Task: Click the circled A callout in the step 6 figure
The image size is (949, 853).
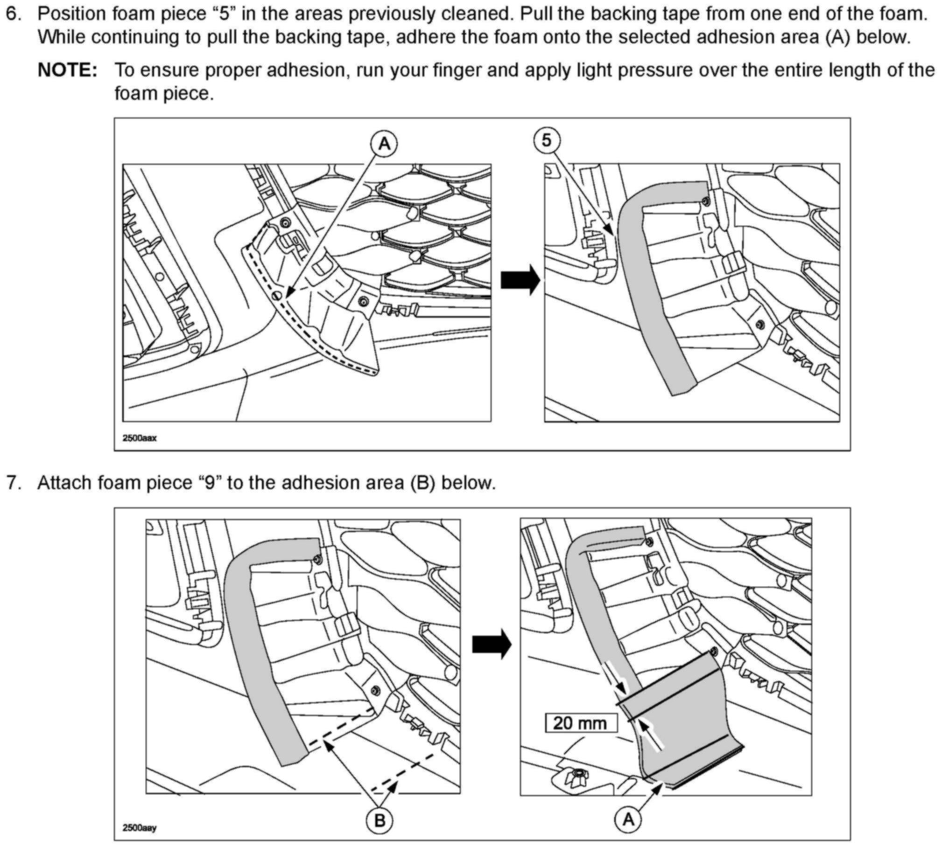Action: click(x=384, y=144)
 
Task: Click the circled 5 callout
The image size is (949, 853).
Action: click(x=547, y=140)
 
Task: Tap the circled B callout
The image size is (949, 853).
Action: click(x=380, y=820)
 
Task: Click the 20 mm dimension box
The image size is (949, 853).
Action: click(x=581, y=723)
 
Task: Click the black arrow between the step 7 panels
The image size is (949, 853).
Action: click(x=491, y=645)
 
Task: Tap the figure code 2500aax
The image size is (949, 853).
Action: click(x=139, y=438)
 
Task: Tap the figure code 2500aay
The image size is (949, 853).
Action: click(x=139, y=828)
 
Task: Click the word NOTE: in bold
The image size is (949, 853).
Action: click(x=68, y=70)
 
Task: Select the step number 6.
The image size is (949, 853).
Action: click(x=14, y=14)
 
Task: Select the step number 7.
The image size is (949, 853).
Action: click(x=14, y=483)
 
